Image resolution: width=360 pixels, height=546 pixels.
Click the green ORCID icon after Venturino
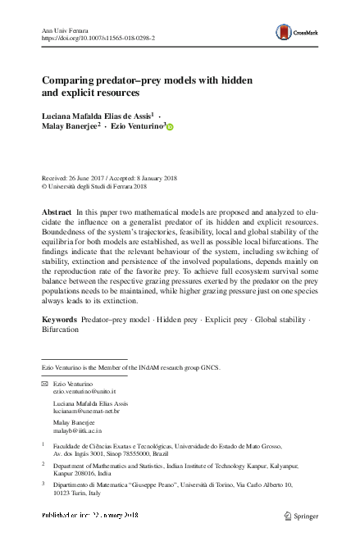click(170, 127)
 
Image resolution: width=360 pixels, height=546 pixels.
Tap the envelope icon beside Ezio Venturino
click(45, 384)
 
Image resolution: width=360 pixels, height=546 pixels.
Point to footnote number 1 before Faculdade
click(43, 442)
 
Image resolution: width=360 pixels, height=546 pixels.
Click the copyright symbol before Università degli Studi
click(44, 185)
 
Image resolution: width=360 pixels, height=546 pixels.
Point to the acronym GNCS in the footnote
click(209, 368)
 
